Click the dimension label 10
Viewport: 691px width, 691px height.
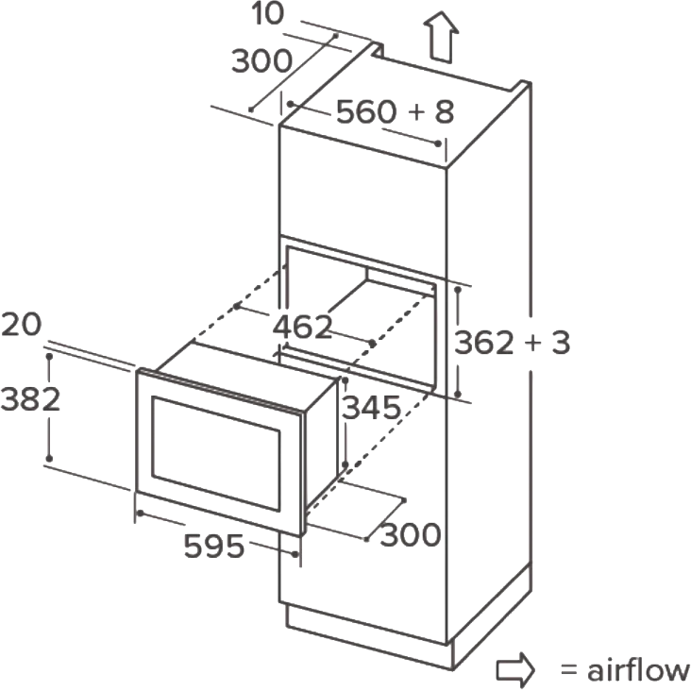(267, 13)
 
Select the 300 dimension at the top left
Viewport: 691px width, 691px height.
(261, 60)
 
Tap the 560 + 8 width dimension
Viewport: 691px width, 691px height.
(395, 111)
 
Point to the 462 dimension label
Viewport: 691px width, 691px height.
(302, 327)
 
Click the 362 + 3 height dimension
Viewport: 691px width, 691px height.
(512, 343)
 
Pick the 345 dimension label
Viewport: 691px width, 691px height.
(372, 408)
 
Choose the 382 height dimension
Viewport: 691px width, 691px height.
(30, 399)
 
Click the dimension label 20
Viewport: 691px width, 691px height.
(21, 325)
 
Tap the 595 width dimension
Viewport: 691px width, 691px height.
(213, 547)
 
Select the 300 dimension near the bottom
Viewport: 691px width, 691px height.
(411, 534)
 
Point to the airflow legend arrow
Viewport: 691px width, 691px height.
(515, 669)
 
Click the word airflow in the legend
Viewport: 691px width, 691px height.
(638, 670)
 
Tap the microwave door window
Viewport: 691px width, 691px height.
(216, 454)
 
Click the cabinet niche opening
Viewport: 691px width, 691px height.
(361, 317)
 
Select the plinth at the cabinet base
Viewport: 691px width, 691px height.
(370, 634)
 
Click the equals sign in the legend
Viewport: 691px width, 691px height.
(569, 670)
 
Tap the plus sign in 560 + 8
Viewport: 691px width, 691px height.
(416, 111)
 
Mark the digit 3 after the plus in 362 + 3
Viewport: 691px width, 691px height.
(561, 343)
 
